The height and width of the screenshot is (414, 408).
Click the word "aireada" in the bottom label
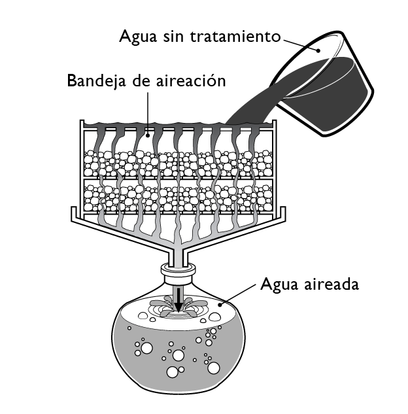point(327,286)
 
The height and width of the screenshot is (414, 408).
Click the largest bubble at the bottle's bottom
point(175,373)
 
